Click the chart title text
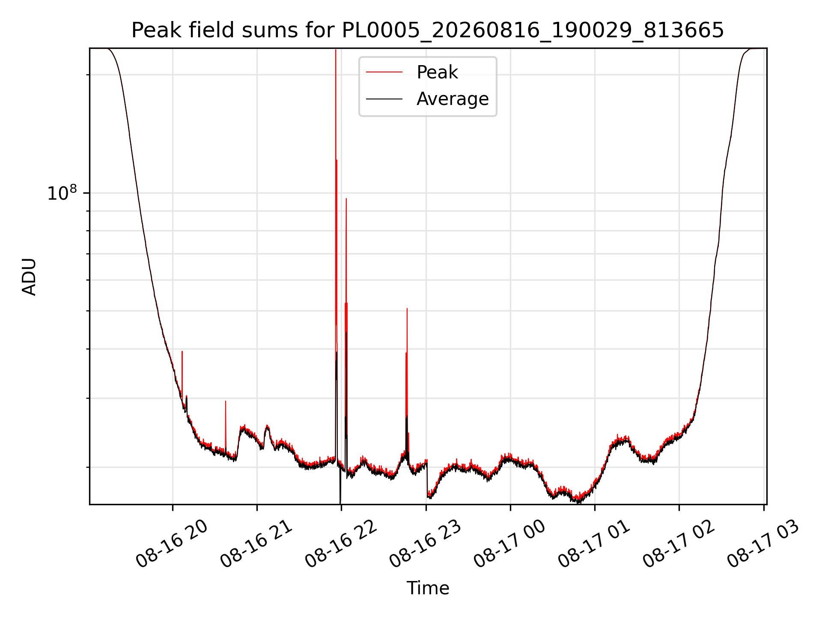click(x=427, y=30)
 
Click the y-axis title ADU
click(x=29, y=277)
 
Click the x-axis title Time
click(x=428, y=588)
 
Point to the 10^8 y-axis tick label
click(x=62, y=193)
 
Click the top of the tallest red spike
click(x=336, y=50)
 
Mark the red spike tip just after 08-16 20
click(x=182, y=351)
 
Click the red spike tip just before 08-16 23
click(x=407, y=308)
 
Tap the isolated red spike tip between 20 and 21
click(x=226, y=401)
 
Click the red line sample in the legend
click(x=384, y=72)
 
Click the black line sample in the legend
click(x=384, y=99)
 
